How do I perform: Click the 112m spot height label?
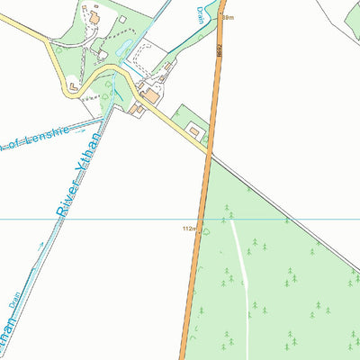[x=189, y=229]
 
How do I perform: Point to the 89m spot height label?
[x=228, y=17]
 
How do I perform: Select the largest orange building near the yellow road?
[x=151, y=94]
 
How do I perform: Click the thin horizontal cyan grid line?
[x=90, y=219]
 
